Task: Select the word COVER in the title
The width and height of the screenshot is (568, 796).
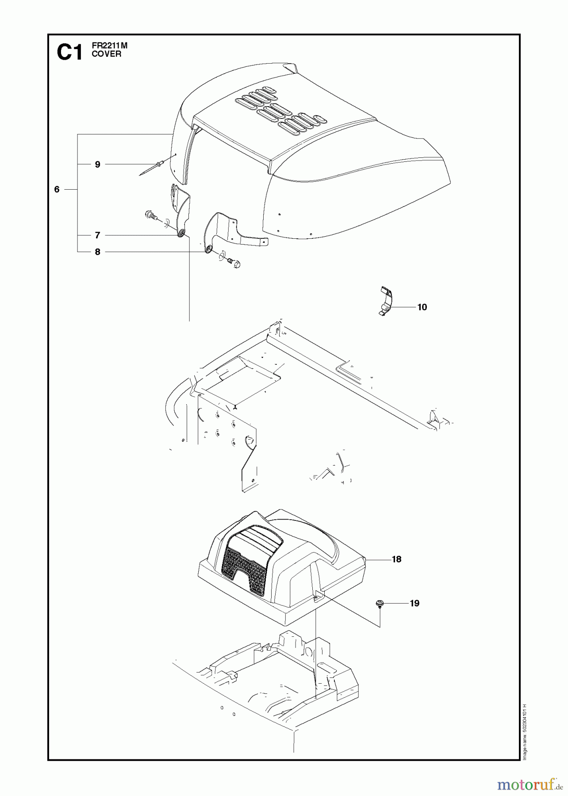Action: pyautogui.click(x=106, y=54)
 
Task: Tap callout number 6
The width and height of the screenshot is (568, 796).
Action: pyautogui.click(x=57, y=189)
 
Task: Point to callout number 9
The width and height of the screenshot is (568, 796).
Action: pyautogui.click(x=97, y=165)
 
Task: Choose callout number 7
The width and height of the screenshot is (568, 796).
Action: pyautogui.click(x=97, y=235)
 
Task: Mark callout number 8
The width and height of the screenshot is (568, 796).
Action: pyautogui.click(x=97, y=252)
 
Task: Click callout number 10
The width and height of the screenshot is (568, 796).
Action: pyautogui.click(x=422, y=307)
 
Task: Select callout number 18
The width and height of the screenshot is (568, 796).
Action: pyautogui.click(x=396, y=559)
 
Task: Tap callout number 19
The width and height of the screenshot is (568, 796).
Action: pyautogui.click(x=414, y=603)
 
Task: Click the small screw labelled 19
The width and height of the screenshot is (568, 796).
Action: pyautogui.click(x=380, y=604)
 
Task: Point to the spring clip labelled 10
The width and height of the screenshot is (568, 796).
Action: pyautogui.click(x=386, y=301)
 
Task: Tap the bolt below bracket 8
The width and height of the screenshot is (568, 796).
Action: pyautogui.click(x=233, y=264)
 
